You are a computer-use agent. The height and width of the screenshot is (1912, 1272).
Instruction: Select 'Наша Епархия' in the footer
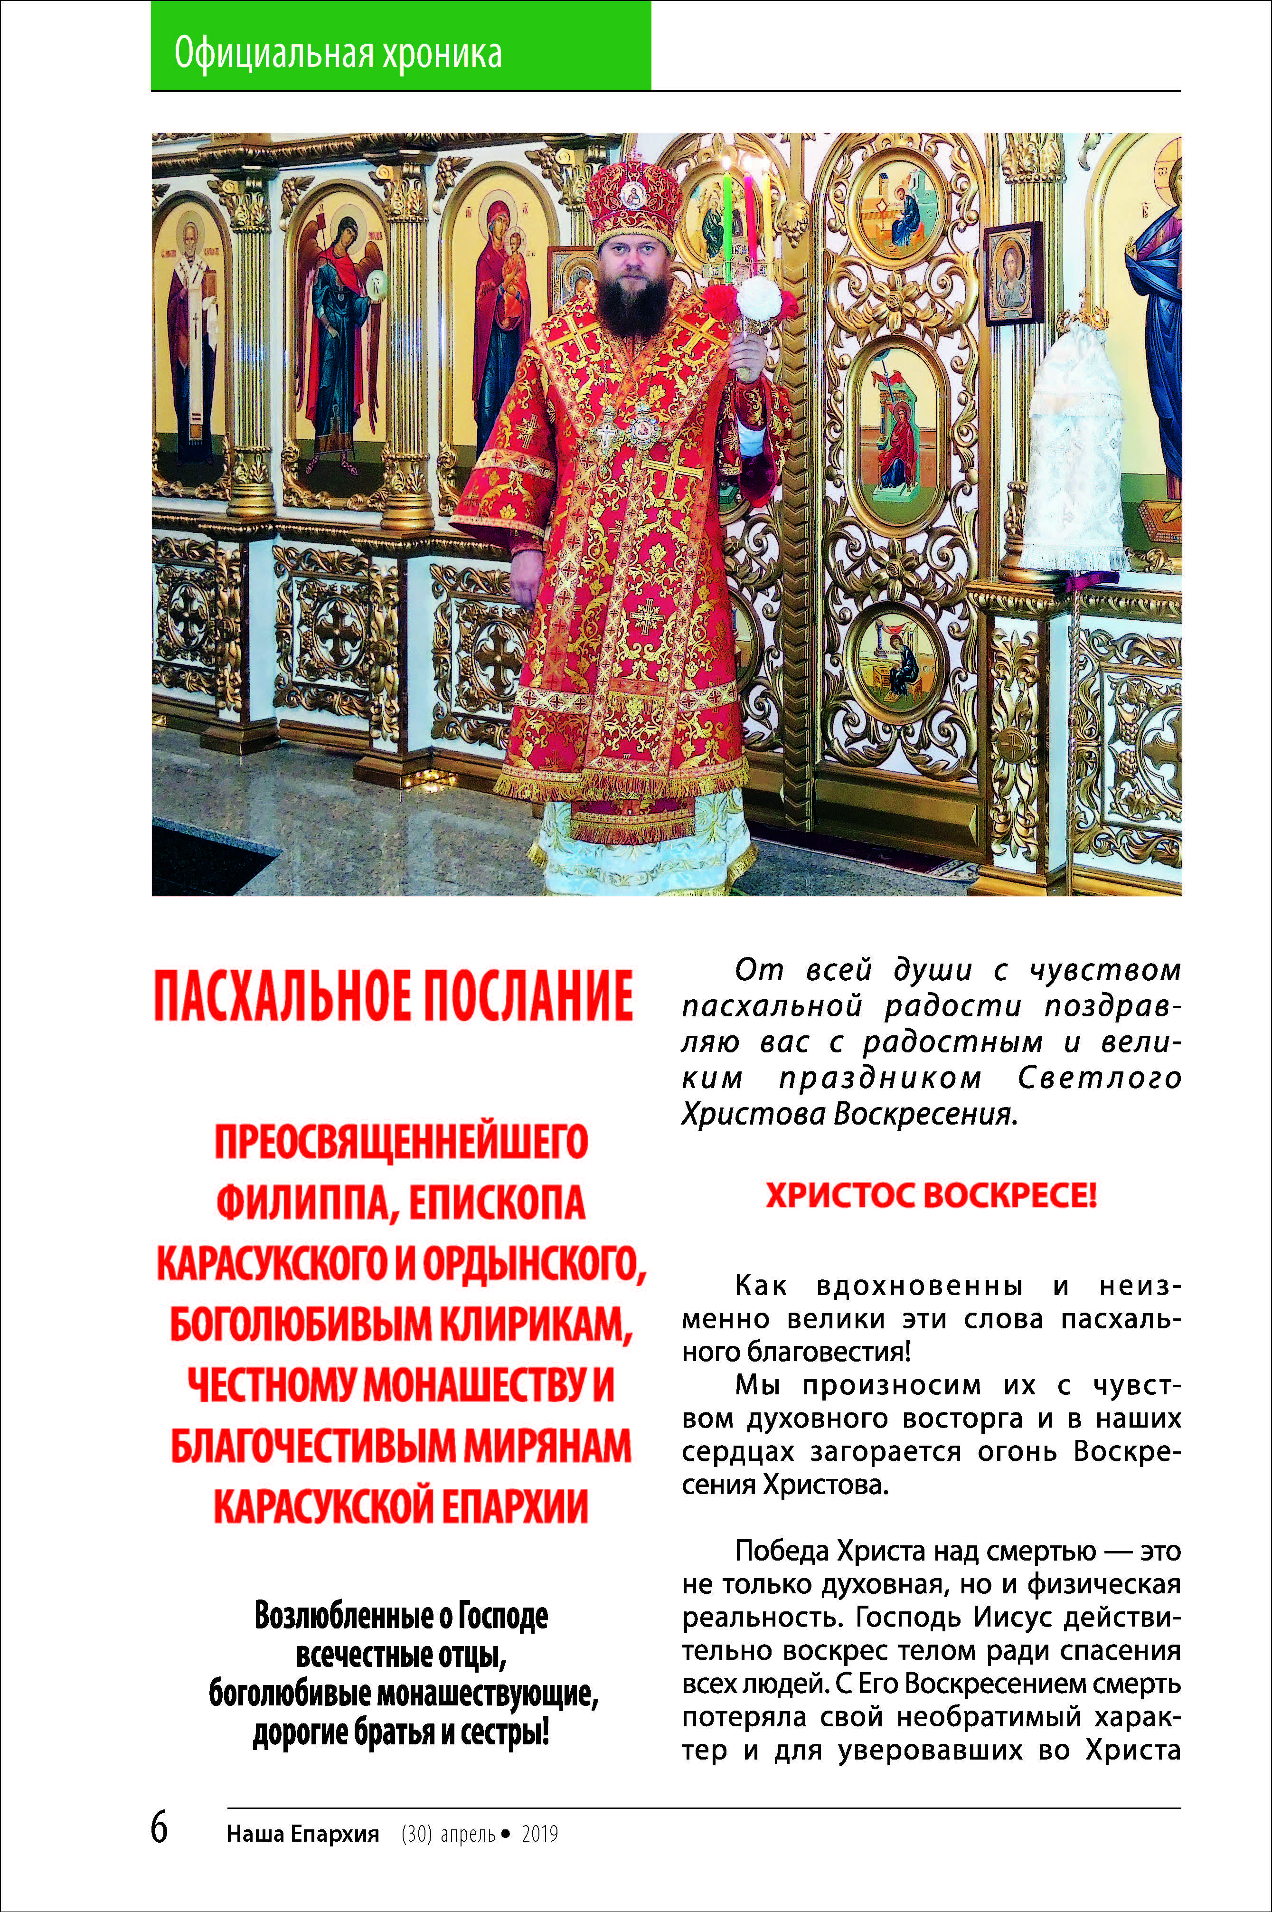[x=302, y=1834]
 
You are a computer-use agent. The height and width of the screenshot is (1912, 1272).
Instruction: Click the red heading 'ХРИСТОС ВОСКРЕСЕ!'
[x=931, y=1196]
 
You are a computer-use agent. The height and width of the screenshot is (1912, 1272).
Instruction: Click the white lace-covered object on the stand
[x=1073, y=454]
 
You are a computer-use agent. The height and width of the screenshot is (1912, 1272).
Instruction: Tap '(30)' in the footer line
[x=416, y=1834]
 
